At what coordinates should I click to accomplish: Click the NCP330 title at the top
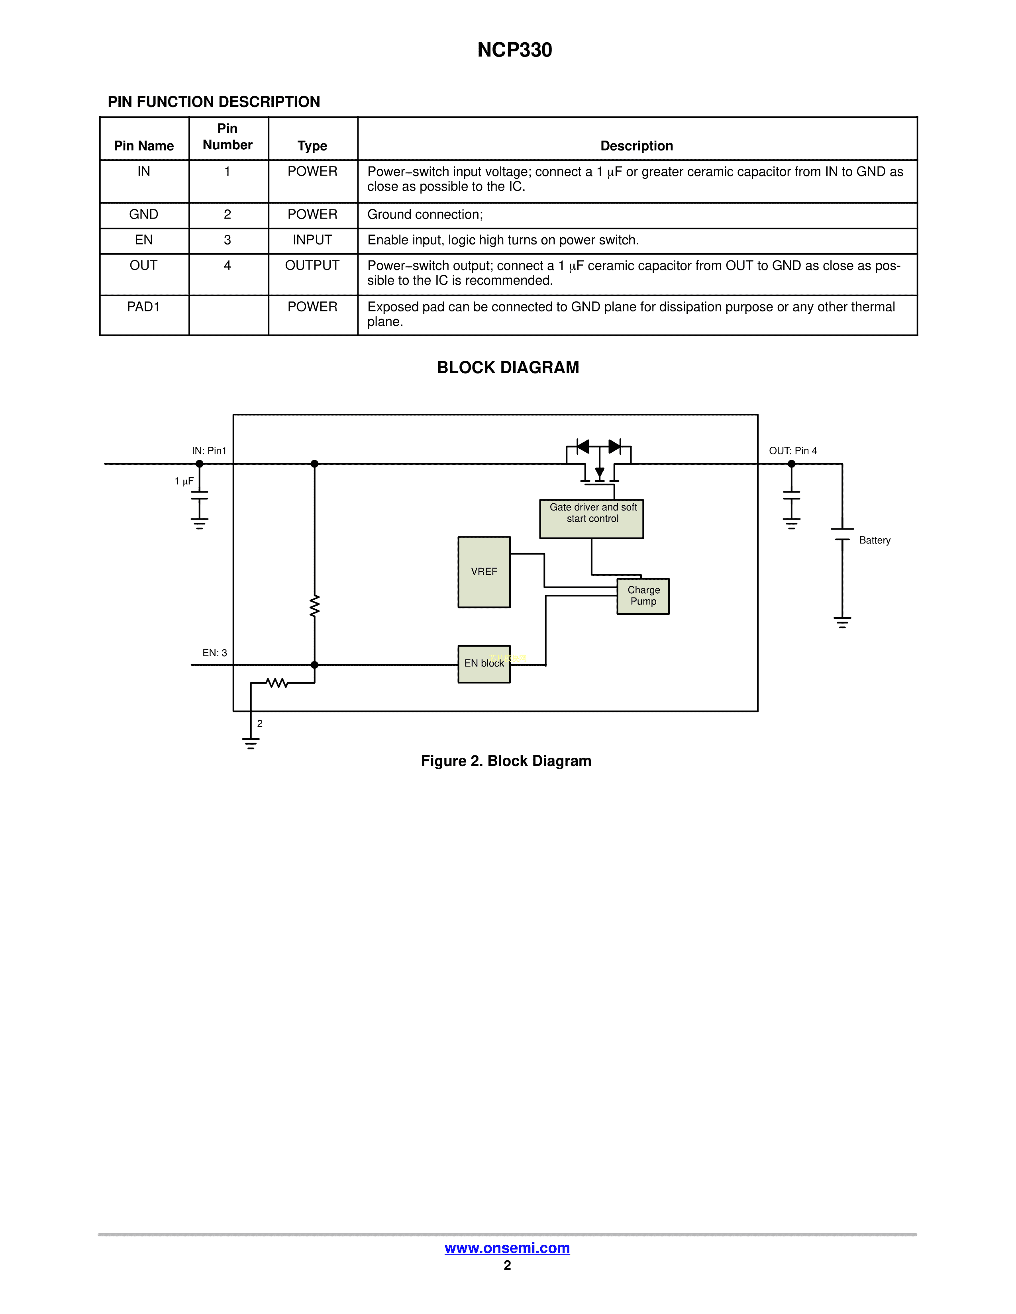point(515,50)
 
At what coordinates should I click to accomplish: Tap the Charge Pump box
point(643,596)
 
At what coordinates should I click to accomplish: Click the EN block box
point(484,664)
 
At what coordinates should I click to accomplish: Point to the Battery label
point(875,540)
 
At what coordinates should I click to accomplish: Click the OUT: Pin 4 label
point(793,451)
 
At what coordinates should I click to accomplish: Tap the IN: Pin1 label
point(209,451)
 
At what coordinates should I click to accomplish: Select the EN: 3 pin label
point(215,653)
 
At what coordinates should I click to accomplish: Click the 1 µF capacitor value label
point(184,481)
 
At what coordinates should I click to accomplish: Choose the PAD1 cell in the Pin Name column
point(143,307)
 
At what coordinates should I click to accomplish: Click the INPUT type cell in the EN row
point(312,240)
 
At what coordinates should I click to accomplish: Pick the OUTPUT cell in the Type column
point(312,265)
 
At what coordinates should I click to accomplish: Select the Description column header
point(637,146)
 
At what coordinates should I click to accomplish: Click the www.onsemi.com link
point(507,1248)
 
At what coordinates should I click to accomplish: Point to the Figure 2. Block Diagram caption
point(506,761)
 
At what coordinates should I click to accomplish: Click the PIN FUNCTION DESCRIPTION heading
point(214,102)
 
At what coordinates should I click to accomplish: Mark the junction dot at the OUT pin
point(792,464)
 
